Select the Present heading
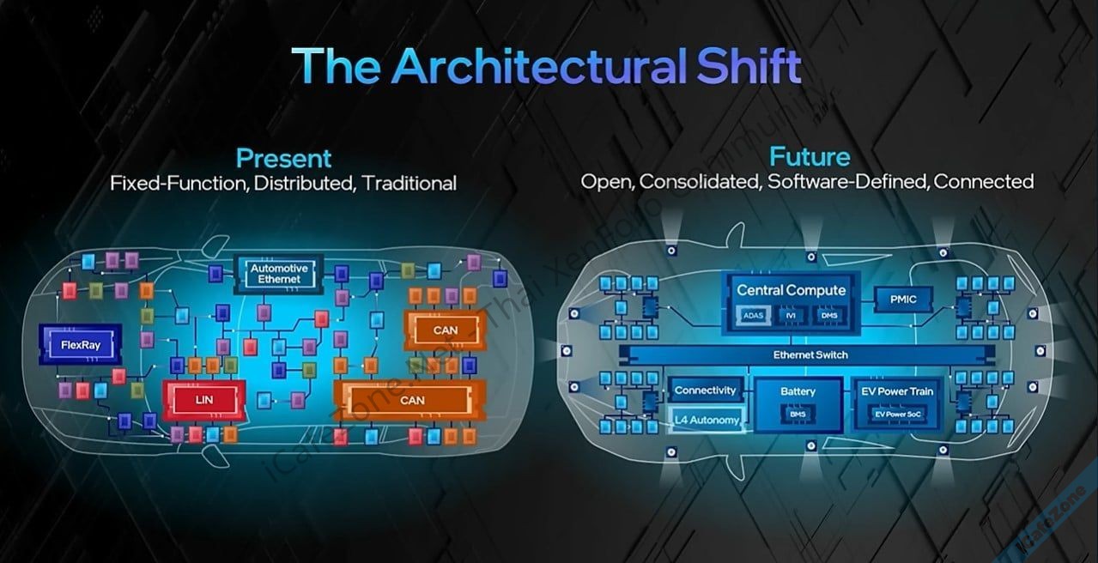[x=283, y=158]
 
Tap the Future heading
[x=810, y=157]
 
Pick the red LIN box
[x=204, y=397]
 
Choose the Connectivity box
[x=705, y=390]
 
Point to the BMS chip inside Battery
[x=798, y=414]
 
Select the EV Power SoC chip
[x=895, y=414]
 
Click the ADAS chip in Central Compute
[x=752, y=316]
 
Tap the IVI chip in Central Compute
[x=791, y=316]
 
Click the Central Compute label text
[x=791, y=290]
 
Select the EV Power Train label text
[x=896, y=391]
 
